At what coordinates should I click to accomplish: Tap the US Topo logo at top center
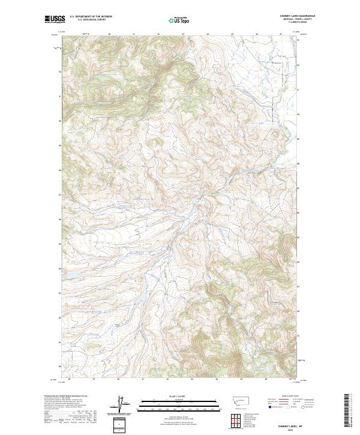180,20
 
